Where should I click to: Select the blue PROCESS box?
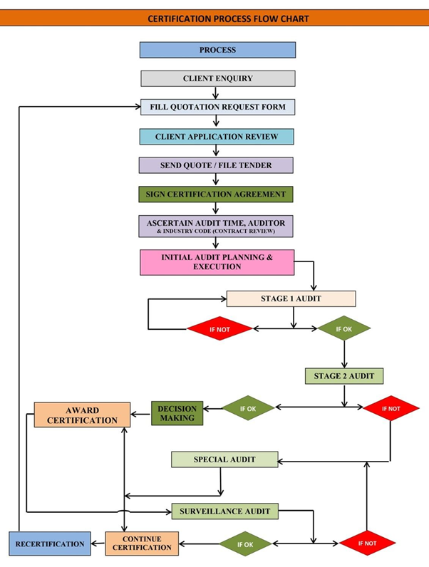217,50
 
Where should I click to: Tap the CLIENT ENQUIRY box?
217,78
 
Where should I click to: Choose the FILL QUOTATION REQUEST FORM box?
217,108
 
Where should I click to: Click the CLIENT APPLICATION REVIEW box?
217,136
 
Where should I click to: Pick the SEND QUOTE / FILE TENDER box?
216,165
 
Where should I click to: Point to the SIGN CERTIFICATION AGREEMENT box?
216,194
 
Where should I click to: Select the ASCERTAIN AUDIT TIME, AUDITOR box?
216,227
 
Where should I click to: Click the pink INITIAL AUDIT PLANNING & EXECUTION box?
217,261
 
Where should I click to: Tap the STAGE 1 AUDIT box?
291,298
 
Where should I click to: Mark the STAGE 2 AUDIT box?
343,375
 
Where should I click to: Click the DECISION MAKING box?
177,413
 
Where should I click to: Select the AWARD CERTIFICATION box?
82,415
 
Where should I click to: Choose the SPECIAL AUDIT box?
224,459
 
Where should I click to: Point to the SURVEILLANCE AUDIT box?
224,511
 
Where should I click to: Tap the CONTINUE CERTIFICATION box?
142,543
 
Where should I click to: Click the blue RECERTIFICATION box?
50,543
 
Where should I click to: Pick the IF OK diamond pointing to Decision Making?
248,408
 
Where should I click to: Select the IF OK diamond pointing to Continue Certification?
244,543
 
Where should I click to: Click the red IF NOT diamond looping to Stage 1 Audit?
219,328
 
